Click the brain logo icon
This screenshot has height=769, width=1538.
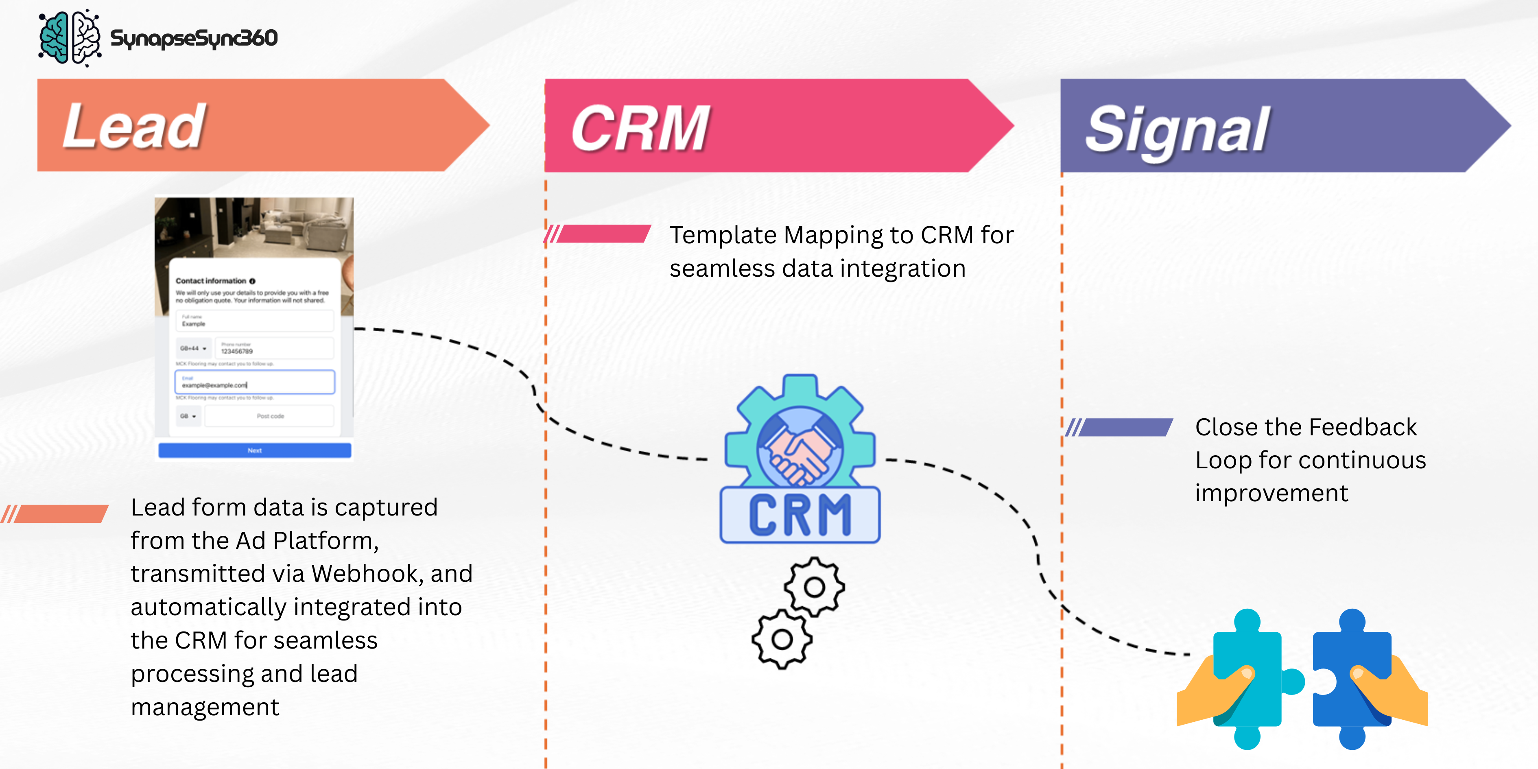click(69, 37)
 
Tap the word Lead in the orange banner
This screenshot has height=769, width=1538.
click(134, 126)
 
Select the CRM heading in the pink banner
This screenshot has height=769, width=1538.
click(640, 128)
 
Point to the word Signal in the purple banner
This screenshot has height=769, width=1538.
click(1177, 129)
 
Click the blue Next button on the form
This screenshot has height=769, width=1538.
click(254, 450)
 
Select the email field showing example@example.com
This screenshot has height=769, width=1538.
click(254, 382)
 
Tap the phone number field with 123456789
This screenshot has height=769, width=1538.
click(273, 349)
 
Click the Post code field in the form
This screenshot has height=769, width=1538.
click(270, 416)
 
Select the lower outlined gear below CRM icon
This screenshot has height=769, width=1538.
click(782, 640)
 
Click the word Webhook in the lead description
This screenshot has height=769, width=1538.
click(367, 574)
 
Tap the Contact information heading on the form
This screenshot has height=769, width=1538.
click(211, 281)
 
